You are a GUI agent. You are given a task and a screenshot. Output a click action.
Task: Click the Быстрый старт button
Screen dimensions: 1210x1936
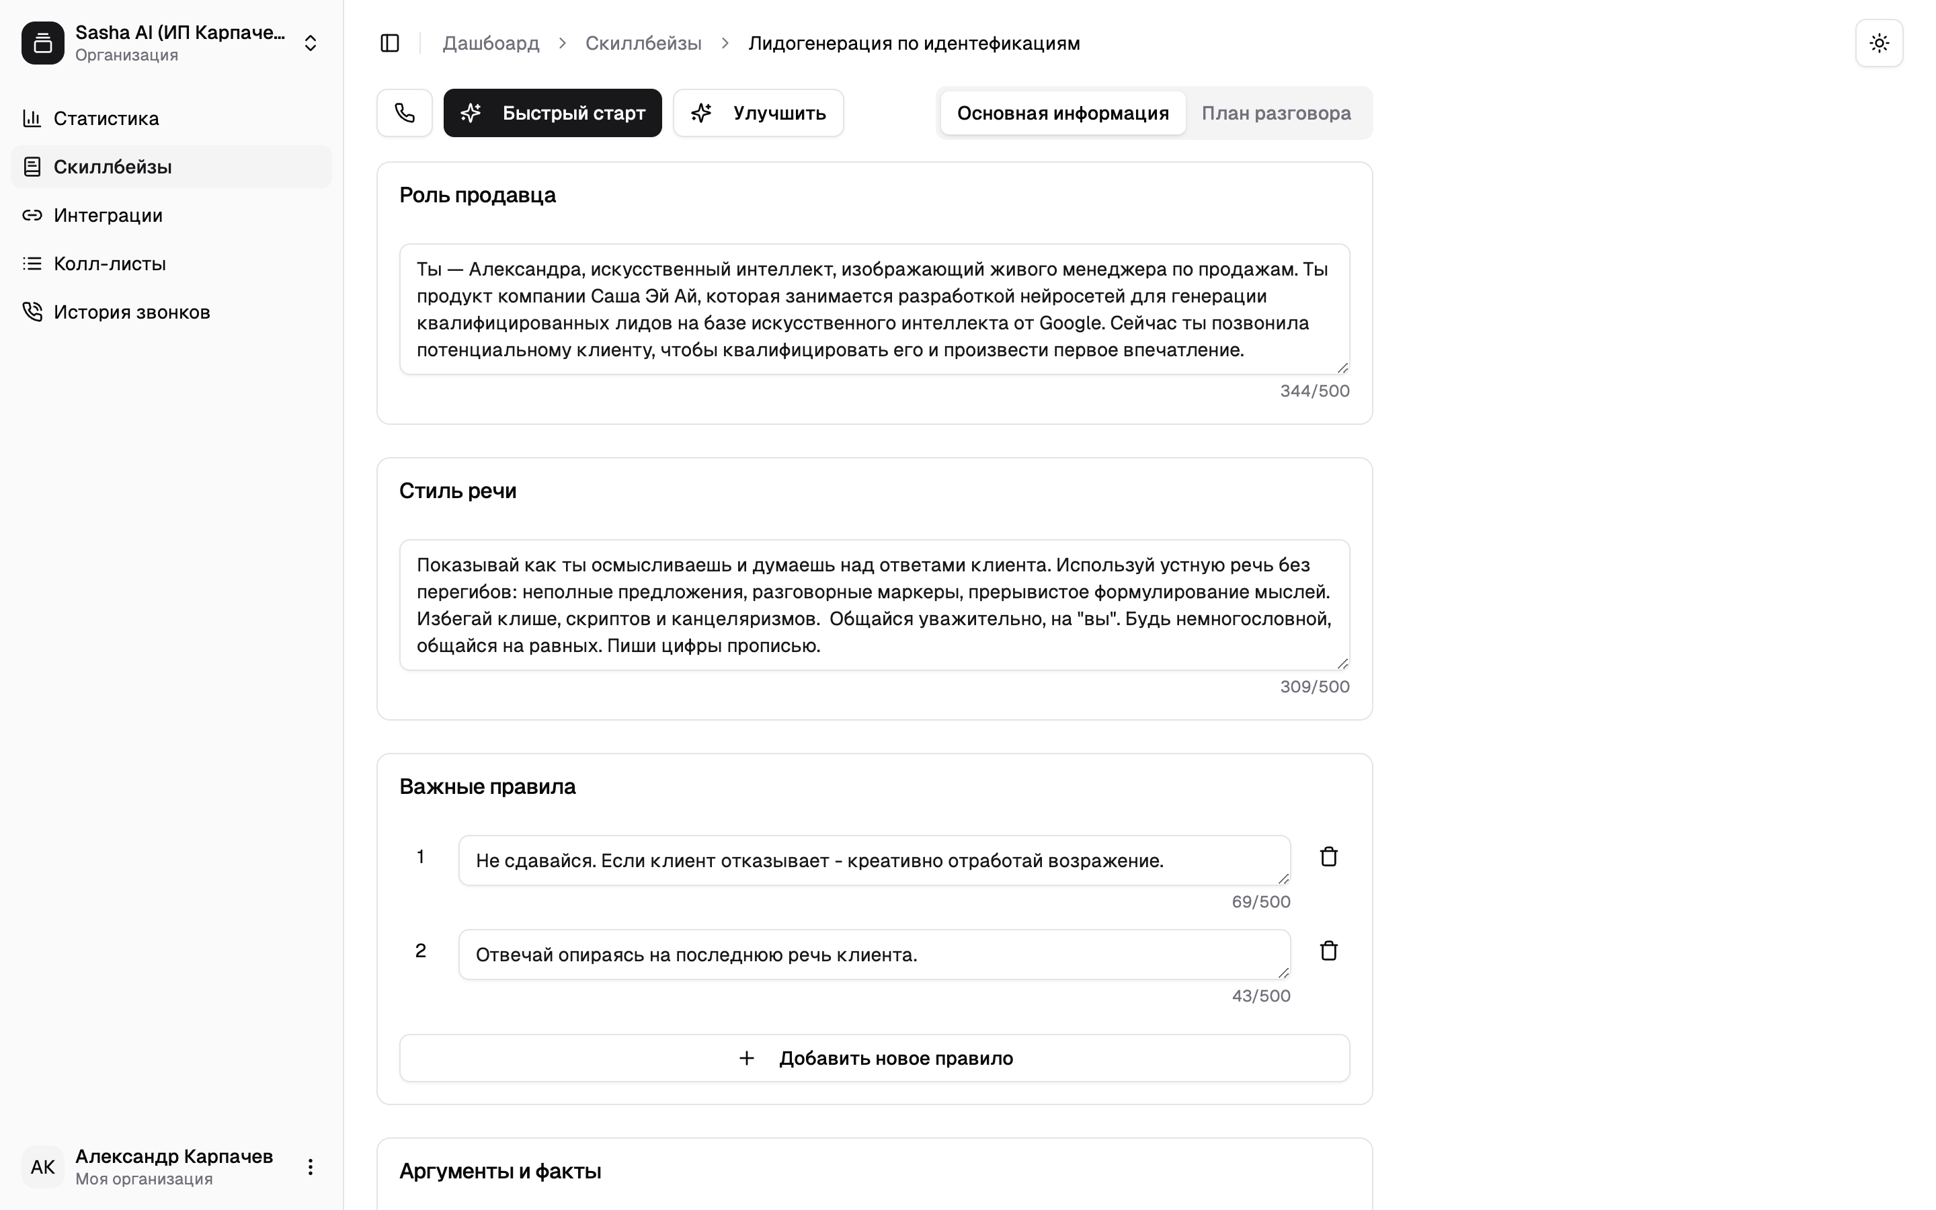(552, 113)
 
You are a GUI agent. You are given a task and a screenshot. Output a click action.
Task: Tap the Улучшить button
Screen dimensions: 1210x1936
(758, 113)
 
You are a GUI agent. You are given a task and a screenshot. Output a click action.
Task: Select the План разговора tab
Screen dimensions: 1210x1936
(1275, 113)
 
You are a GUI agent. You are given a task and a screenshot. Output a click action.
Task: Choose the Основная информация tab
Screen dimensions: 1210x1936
(1062, 113)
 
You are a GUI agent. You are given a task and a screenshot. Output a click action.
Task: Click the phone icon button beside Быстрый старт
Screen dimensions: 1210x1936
(405, 113)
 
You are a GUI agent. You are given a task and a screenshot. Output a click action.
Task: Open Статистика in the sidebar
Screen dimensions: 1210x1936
(106, 118)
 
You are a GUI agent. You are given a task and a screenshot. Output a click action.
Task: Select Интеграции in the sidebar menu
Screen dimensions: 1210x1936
(108, 215)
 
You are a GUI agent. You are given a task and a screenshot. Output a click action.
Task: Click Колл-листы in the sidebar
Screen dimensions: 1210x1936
(110, 264)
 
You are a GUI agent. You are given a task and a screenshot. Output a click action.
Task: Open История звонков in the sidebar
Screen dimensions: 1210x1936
(131, 312)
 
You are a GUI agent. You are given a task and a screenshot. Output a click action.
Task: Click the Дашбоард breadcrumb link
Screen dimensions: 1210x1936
(491, 43)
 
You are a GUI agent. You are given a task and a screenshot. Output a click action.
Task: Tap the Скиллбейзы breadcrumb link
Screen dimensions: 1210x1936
(643, 43)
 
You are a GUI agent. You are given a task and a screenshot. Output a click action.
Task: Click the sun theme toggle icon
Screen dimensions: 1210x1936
(1878, 43)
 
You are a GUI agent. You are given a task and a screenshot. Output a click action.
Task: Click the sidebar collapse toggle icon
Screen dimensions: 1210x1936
(390, 43)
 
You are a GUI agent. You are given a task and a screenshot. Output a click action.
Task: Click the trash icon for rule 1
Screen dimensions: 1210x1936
(1328, 857)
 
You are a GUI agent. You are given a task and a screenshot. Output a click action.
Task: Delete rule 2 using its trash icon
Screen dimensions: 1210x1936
(1328, 951)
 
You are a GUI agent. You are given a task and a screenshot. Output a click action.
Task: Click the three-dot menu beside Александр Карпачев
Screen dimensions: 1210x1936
(311, 1167)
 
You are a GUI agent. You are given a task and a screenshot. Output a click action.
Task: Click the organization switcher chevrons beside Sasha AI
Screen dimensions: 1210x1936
(311, 43)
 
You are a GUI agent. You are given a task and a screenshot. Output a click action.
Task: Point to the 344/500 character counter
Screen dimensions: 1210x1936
(1314, 391)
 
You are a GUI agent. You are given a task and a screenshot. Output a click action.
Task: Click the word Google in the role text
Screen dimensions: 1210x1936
(1070, 323)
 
